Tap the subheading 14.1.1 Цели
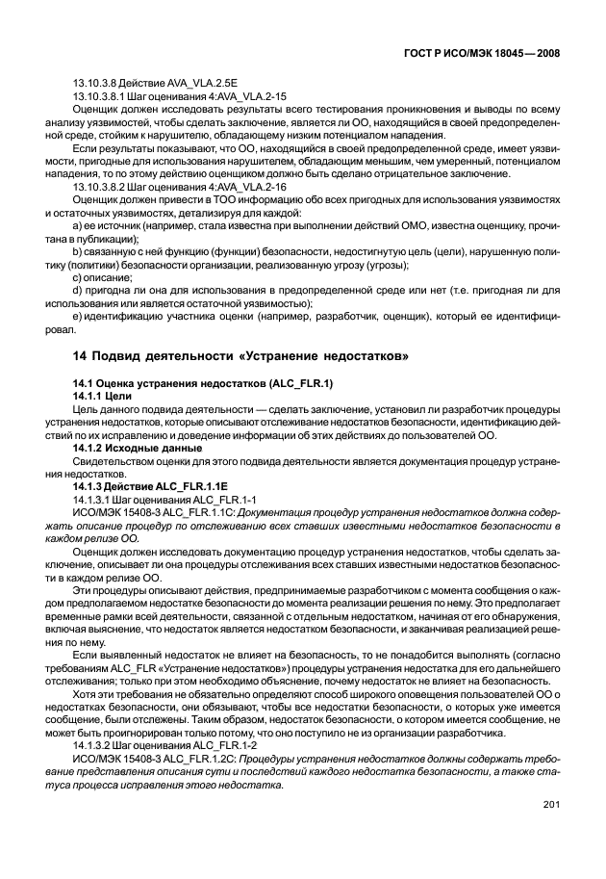coord(102,396)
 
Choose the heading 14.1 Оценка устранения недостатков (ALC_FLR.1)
coord(203,383)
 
